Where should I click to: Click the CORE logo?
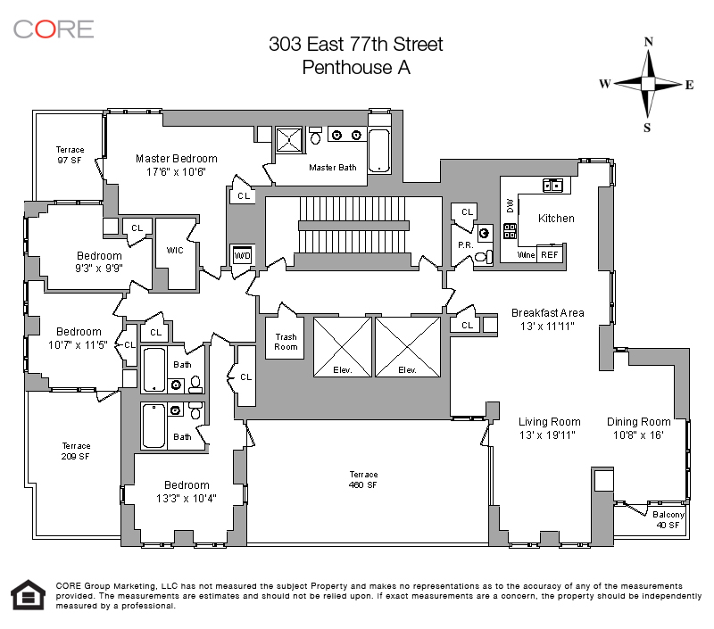pyautogui.click(x=54, y=29)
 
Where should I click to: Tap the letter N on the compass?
pyautogui.click(x=649, y=42)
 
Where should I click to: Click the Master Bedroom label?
pyautogui.click(x=176, y=159)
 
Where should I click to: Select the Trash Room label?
pyautogui.click(x=286, y=342)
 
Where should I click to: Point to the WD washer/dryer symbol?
pyautogui.click(x=242, y=255)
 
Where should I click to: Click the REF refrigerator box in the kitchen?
pyautogui.click(x=550, y=255)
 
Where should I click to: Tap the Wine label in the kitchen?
pyautogui.click(x=526, y=255)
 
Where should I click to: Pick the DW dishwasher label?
pyautogui.click(x=510, y=206)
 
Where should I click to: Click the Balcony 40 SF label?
pyautogui.click(x=668, y=520)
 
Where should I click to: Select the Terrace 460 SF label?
pyautogui.click(x=363, y=480)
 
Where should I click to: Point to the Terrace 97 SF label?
pyautogui.click(x=70, y=154)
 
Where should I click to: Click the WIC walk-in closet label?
pyautogui.click(x=175, y=251)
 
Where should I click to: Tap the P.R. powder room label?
pyautogui.click(x=465, y=245)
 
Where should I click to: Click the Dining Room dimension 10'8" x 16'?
pyautogui.click(x=638, y=435)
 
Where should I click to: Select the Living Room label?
pyautogui.click(x=549, y=422)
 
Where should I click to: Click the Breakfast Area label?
pyautogui.click(x=547, y=313)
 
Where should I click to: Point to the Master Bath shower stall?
pyautogui.click(x=288, y=140)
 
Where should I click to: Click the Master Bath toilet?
pyautogui.click(x=316, y=136)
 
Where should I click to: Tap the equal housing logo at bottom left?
pyautogui.click(x=29, y=595)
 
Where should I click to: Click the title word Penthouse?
pyautogui.click(x=347, y=67)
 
